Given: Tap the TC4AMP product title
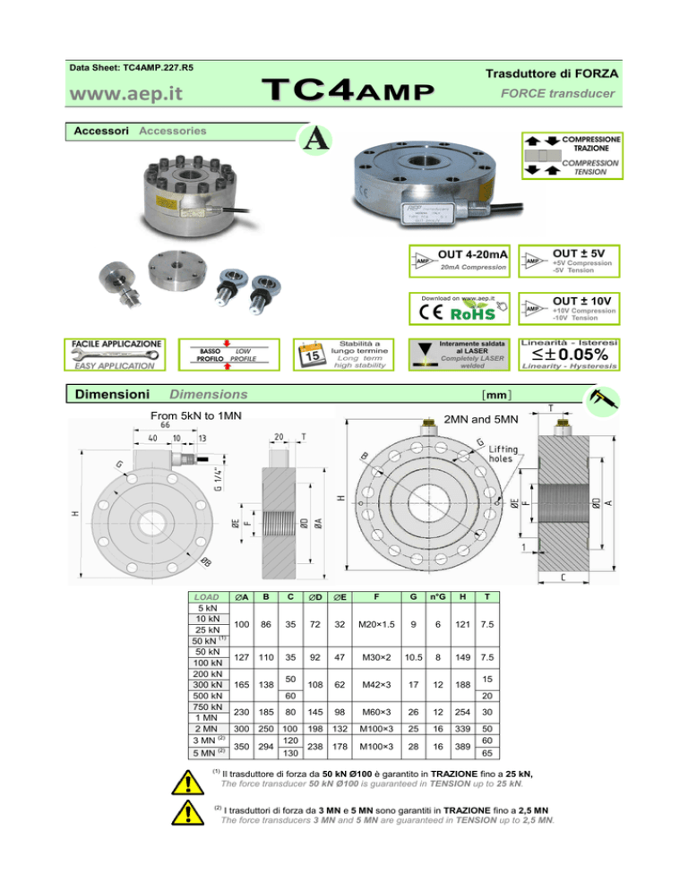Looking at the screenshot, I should pos(347,91).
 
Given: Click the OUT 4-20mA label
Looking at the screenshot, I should pos(474,255).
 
